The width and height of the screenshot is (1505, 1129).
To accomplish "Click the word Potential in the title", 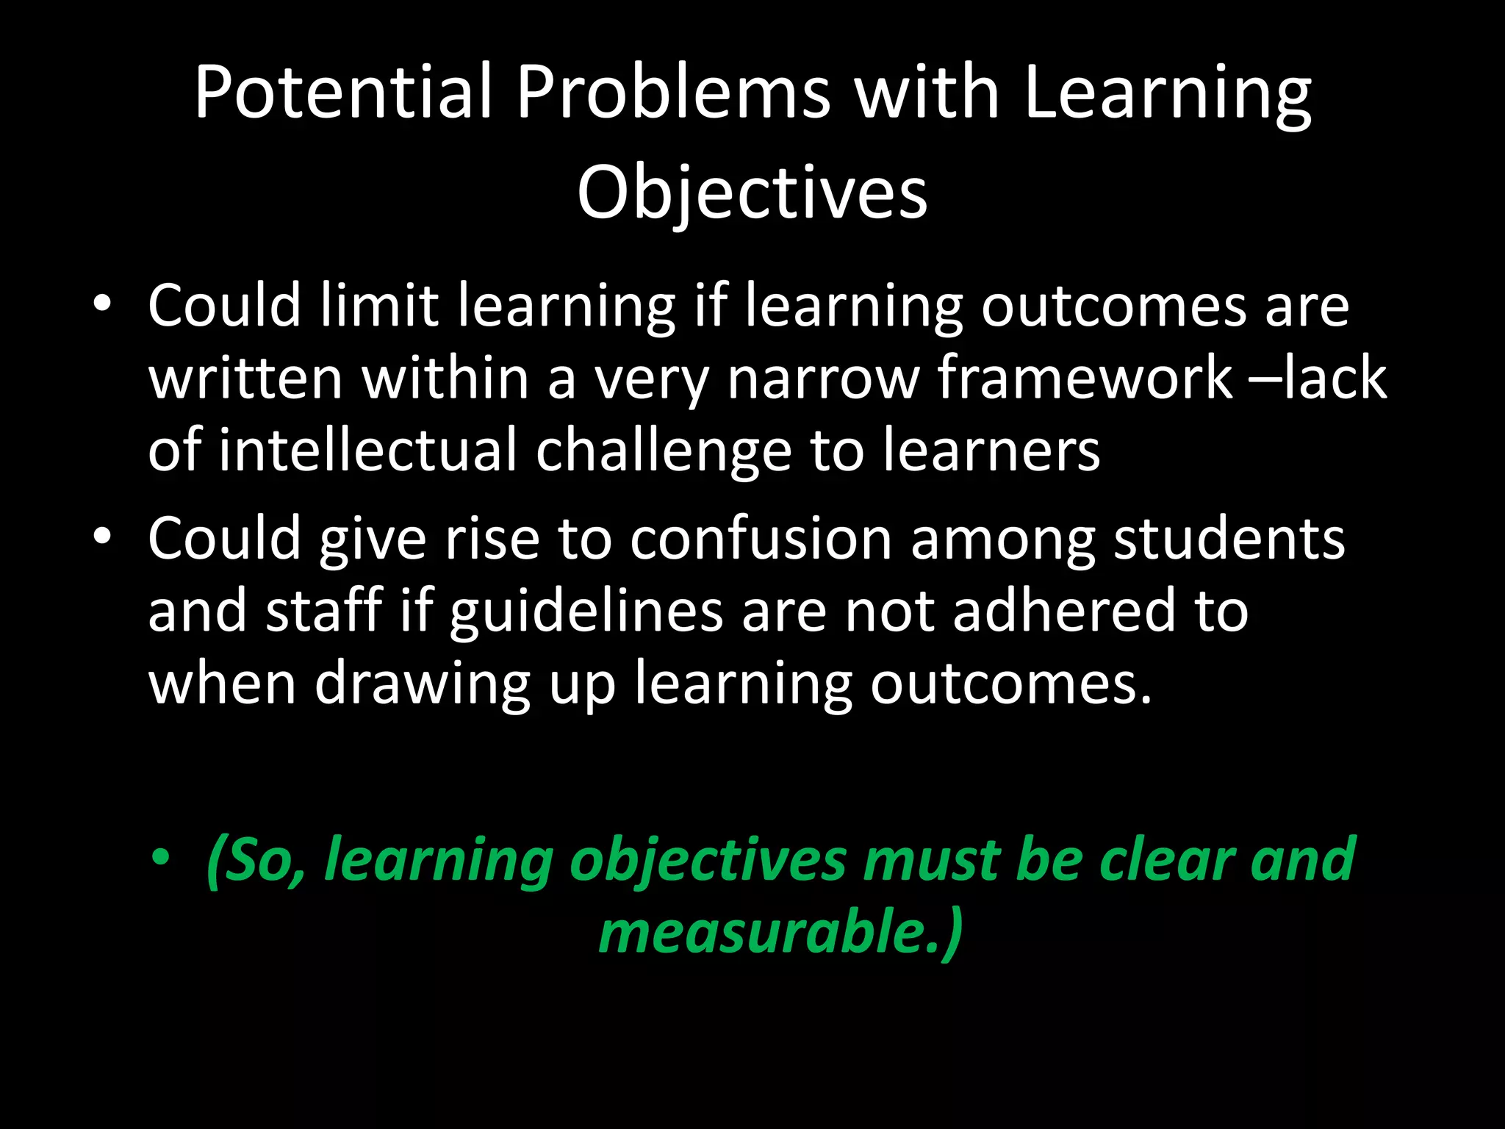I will point(342,93).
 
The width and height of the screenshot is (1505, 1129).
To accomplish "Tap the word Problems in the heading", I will point(673,93).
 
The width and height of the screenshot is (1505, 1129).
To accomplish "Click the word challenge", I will point(664,451).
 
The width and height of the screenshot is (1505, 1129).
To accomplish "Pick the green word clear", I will point(1165,859).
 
